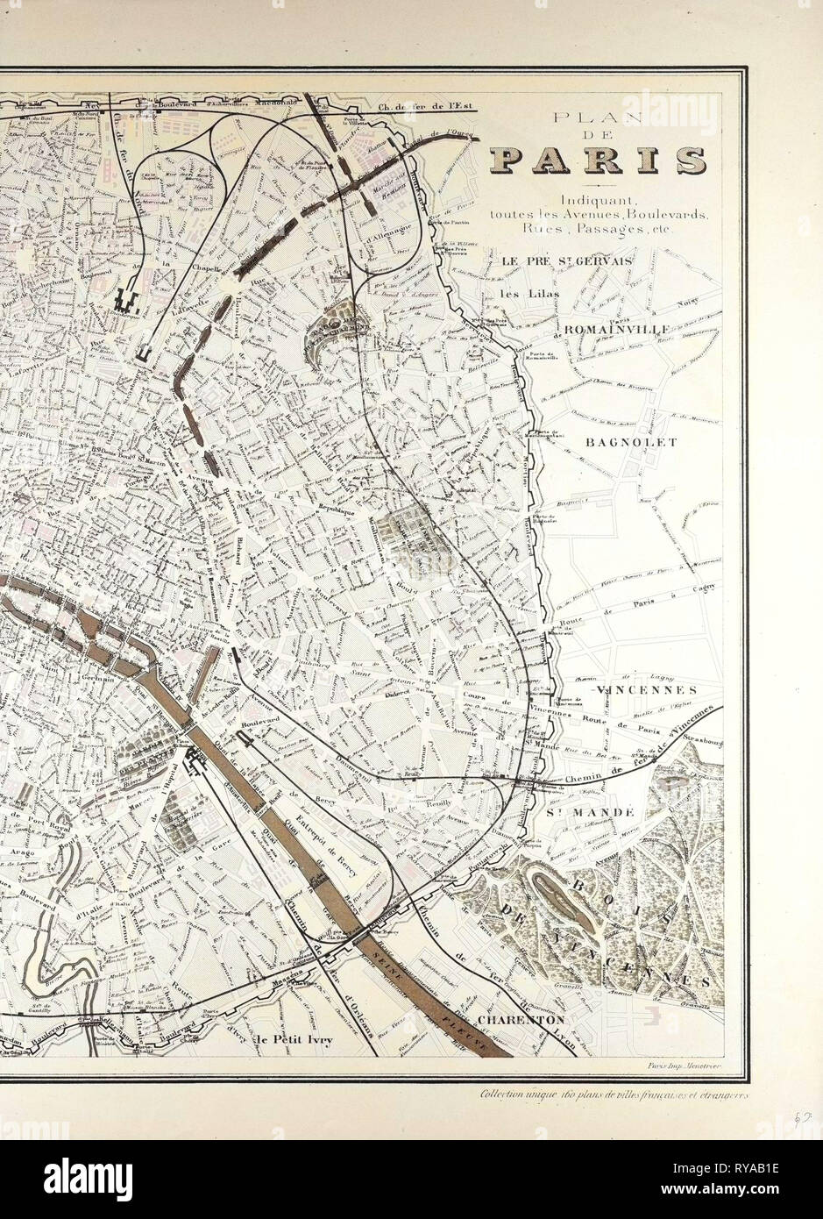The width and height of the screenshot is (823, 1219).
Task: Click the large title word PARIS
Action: pos(598,160)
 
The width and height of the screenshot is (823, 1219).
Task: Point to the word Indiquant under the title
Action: pos(599,201)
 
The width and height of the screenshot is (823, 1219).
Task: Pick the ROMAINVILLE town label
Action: pos(619,329)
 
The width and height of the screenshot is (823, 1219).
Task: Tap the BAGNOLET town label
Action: pos(630,442)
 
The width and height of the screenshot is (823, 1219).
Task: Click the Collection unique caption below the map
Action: pos(613,1094)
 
